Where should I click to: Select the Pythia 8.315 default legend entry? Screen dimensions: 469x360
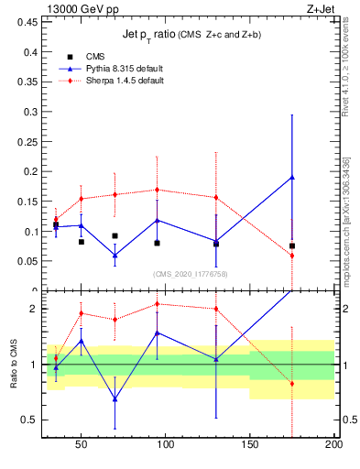(x=111, y=69)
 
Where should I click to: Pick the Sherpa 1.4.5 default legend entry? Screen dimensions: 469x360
(x=112, y=81)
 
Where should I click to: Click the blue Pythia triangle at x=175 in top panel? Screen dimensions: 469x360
(x=292, y=178)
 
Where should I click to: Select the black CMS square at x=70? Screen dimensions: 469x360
(x=115, y=235)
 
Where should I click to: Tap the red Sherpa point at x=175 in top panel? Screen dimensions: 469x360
(x=292, y=256)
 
